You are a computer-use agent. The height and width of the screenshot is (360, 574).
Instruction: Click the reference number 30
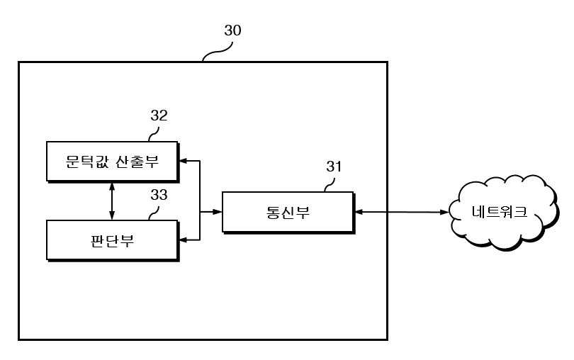tap(232, 30)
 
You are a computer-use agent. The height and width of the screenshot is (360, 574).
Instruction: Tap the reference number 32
tap(159, 116)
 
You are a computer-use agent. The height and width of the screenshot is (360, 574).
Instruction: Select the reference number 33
tap(159, 195)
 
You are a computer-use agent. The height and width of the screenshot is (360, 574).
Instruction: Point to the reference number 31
tap(334, 167)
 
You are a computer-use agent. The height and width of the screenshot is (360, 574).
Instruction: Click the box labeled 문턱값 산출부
tap(113, 162)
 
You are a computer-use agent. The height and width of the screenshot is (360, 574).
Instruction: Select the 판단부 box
tap(113, 240)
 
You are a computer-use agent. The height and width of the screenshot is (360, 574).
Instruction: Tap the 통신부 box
tap(288, 212)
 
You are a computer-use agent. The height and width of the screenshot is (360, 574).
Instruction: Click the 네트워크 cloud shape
tap(503, 213)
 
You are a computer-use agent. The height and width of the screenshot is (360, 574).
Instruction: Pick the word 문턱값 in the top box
tap(87, 161)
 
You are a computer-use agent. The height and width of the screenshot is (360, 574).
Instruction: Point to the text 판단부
tap(112, 241)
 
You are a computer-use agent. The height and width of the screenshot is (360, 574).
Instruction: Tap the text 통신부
tap(288, 213)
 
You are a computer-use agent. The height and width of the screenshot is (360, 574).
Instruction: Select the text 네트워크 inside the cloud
tap(500, 212)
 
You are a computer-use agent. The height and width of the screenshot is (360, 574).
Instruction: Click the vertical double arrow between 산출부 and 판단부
tap(112, 201)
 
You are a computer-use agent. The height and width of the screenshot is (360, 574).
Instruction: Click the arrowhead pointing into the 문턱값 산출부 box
tap(182, 160)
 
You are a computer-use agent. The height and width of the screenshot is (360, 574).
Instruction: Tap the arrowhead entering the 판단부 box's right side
tap(182, 240)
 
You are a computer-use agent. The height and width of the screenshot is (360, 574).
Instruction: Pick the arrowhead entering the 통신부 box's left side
tap(218, 212)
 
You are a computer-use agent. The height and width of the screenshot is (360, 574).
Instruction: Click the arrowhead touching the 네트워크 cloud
tap(444, 212)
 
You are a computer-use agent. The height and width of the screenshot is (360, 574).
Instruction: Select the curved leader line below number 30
tap(218, 52)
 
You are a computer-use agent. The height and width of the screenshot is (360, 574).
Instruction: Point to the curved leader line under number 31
tap(330, 185)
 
